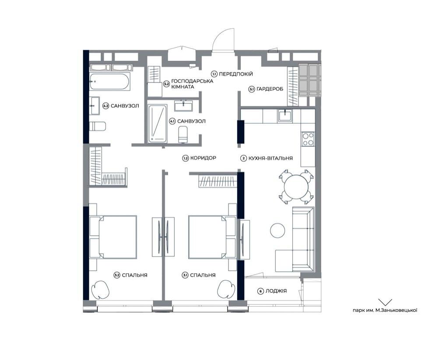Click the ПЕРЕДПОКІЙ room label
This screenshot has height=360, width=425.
[235, 74]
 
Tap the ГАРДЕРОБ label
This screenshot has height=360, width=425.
[270, 89]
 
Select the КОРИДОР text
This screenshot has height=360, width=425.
[203, 158]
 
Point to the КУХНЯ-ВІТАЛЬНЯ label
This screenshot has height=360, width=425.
[270, 158]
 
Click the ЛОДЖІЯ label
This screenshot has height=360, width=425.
[276, 291]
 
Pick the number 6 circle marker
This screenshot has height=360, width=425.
[260, 291]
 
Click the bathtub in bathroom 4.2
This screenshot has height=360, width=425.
[109, 81]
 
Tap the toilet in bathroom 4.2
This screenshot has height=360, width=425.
[97, 126]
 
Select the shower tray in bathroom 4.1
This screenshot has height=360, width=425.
[157, 123]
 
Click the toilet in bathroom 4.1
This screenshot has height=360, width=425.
[183, 134]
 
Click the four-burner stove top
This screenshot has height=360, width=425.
[308, 139]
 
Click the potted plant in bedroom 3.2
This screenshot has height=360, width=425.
[100, 289]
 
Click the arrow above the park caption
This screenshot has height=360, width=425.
[385, 302]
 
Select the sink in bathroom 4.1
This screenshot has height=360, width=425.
[183, 106]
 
